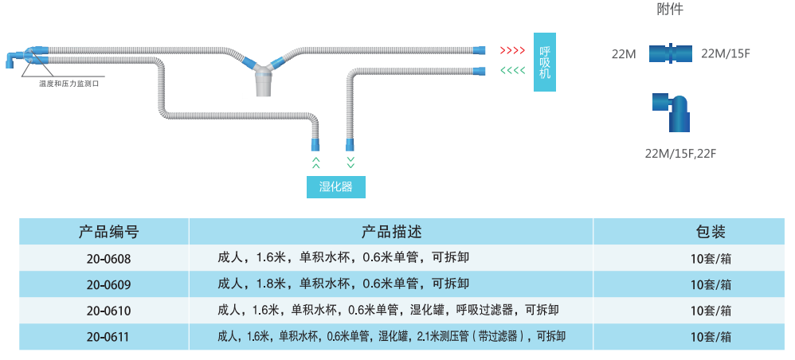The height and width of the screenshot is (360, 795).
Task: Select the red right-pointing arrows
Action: (511, 51)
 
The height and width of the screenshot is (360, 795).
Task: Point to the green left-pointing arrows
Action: (511, 72)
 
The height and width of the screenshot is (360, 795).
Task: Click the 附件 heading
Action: (670, 10)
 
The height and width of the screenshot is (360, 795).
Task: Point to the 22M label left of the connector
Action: (624, 54)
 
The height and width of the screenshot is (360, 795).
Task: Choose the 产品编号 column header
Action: (109, 233)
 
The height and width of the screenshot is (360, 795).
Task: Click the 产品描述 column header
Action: (390, 233)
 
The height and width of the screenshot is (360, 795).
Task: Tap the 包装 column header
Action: (711, 233)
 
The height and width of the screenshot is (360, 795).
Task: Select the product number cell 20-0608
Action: (109, 259)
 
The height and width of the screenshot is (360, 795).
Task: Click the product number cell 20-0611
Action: (109, 337)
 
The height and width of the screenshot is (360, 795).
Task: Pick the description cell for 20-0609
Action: (343, 284)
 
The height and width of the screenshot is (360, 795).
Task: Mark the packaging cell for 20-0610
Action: (711, 311)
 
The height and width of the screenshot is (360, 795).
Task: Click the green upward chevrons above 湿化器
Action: (316, 162)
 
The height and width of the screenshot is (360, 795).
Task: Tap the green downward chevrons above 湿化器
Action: (351, 162)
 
